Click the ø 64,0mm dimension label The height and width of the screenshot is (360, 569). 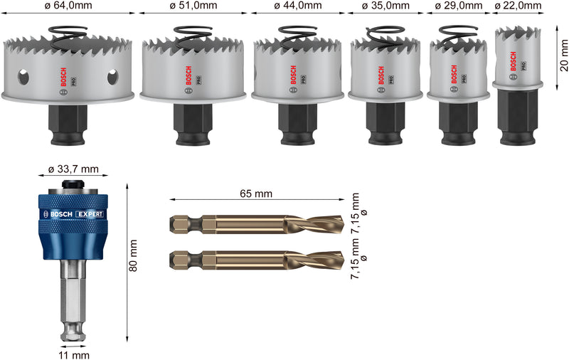click(x=68, y=6)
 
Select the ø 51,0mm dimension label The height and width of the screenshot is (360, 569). click(x=193, y=6)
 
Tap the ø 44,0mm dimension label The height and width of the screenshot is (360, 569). click(x=297, y=6)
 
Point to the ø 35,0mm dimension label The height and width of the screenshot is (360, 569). click(x=386, y=6)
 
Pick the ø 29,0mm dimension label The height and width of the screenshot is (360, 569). click(x=459, y=6)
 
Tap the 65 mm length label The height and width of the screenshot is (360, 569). click(x=257, y=194)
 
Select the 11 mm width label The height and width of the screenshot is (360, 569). click(x=73, y=354)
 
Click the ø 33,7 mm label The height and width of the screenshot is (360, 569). click(x=73, y=169)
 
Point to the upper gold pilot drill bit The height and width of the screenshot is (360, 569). click(x=257, y=224)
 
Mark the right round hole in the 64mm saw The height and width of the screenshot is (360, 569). click(x=112, y=77)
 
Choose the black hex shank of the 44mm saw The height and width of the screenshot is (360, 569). click(x=293, y=119)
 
